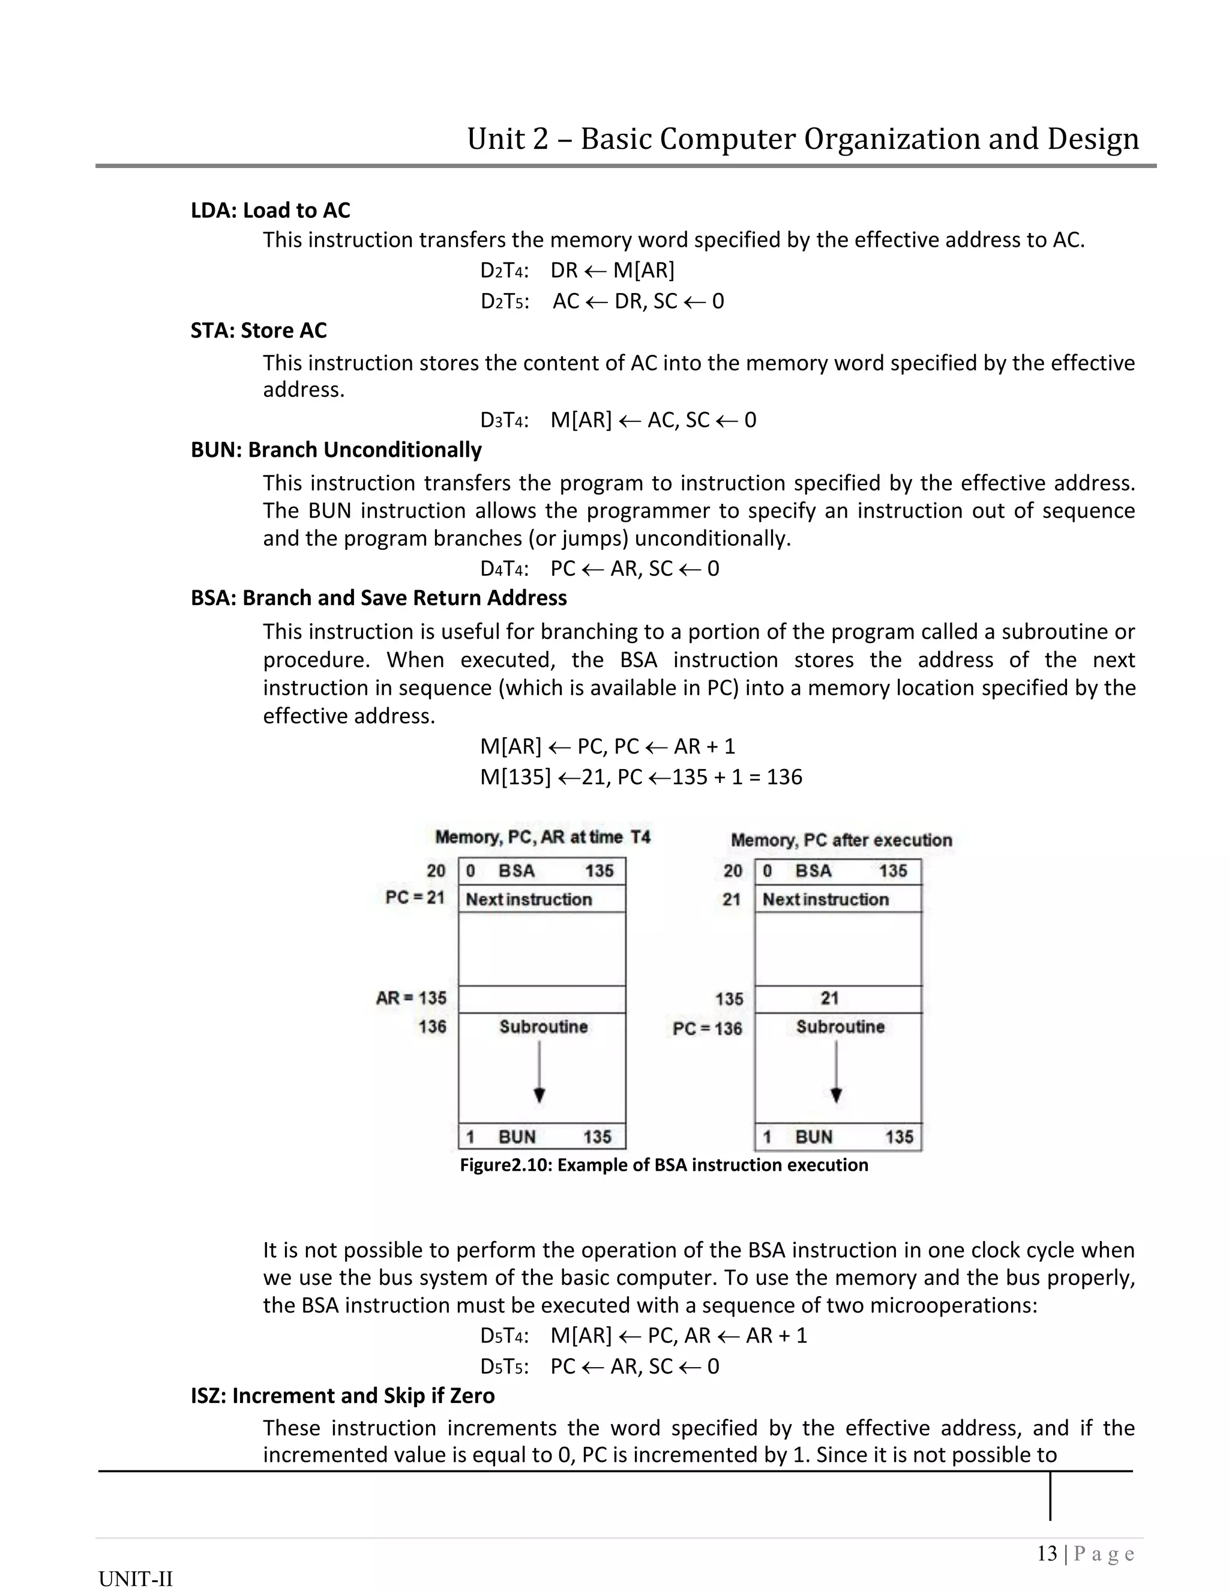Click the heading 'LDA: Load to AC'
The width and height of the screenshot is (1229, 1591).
[x=270, y=211]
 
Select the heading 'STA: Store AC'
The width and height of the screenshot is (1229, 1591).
[x=259, y=331]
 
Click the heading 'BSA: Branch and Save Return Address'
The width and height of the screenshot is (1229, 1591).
[x=379, y=598]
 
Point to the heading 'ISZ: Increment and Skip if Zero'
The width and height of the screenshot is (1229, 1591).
[x=342, y=1396]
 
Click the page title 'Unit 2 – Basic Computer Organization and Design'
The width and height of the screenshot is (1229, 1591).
[x=802, y=139]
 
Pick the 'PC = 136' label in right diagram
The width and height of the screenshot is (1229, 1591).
[x=707, y=1028]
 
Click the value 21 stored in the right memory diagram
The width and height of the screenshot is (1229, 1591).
[x=829, y=999]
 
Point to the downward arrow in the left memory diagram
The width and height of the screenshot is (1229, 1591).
[x=539, y=1072]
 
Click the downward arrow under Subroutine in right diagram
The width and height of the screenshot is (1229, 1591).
[x=837, y=1072]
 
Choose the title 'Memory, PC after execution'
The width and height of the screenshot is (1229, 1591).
[x=841, y=840]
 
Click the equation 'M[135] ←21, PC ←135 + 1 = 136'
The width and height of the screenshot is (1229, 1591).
[x=641, y=777]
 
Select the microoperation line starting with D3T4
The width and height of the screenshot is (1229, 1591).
[x=618, y=420]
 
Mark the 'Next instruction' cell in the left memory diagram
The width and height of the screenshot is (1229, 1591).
[x=529, y=899]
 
